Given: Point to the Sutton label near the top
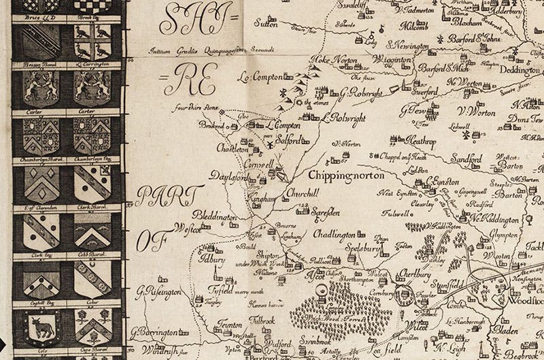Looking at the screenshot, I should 250,22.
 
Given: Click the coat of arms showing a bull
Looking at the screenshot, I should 41,329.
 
